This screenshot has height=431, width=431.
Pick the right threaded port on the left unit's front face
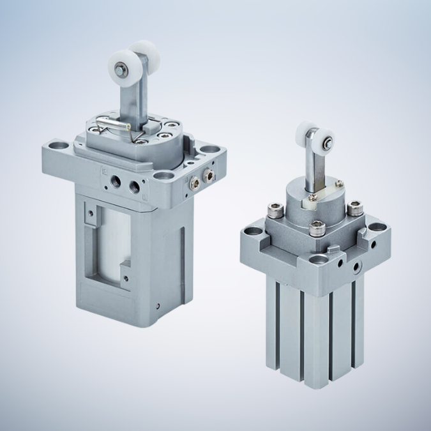pos(135,186)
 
